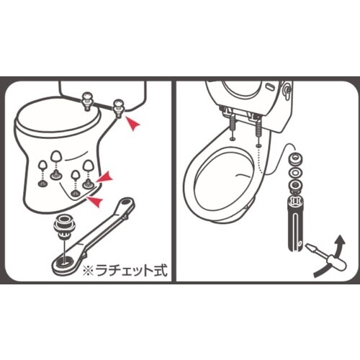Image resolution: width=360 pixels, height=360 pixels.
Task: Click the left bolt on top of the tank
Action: click(x=87, y=102)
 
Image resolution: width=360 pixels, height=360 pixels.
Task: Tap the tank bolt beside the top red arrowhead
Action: click(x=118, y=107)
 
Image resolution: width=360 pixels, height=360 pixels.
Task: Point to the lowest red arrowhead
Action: click(x=94, y=200)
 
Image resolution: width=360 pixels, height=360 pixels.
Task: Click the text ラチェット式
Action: click(x=131, y=270)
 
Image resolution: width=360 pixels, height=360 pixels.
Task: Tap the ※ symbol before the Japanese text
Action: click(x=88, y=271)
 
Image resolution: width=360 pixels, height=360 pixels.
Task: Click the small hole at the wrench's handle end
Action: click(x=124, y=202)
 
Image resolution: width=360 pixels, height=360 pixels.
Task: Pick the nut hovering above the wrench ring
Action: click(x=64, y=225)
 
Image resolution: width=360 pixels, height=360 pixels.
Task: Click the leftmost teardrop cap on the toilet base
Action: click(x=43, y=165)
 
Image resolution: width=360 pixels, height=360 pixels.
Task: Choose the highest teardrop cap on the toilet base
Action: click(x=57, y=156)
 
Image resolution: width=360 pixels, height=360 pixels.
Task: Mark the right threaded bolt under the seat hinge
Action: click(x=258, y=127)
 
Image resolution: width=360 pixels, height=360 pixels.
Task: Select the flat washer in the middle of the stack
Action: click(x=294, y=172)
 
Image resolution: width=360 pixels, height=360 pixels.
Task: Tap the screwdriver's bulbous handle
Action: click(x=338, y=262)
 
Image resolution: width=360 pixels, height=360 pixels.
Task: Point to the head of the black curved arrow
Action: click(x=341, y=240)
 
